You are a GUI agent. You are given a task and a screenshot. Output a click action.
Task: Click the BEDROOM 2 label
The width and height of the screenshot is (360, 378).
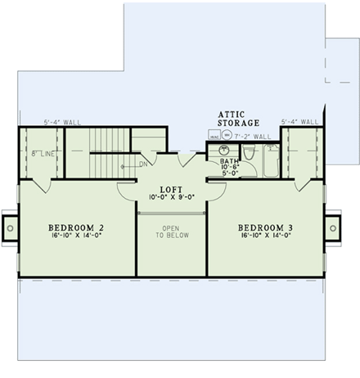point(75,227)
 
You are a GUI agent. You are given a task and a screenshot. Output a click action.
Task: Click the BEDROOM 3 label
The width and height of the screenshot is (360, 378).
point(266,227)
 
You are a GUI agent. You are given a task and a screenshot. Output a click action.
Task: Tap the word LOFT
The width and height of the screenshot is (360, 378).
point(171,187)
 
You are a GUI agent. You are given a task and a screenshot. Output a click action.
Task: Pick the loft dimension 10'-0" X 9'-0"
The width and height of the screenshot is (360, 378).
point(171,196)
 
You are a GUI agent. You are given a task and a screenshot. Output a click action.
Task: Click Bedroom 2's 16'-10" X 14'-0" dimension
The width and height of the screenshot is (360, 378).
point(75,236)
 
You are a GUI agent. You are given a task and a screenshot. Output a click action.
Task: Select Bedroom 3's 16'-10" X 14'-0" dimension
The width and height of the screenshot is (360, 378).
point(266,236)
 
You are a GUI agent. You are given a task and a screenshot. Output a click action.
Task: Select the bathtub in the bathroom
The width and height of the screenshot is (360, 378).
point(271,161)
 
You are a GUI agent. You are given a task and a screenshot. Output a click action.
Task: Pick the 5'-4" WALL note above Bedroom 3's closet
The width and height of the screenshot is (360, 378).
point(299,122)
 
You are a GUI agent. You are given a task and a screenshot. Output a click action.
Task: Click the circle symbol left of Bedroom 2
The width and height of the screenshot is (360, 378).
point(9,227)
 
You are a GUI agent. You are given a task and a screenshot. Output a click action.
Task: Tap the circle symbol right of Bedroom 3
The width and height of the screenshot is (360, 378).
point(333,227)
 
